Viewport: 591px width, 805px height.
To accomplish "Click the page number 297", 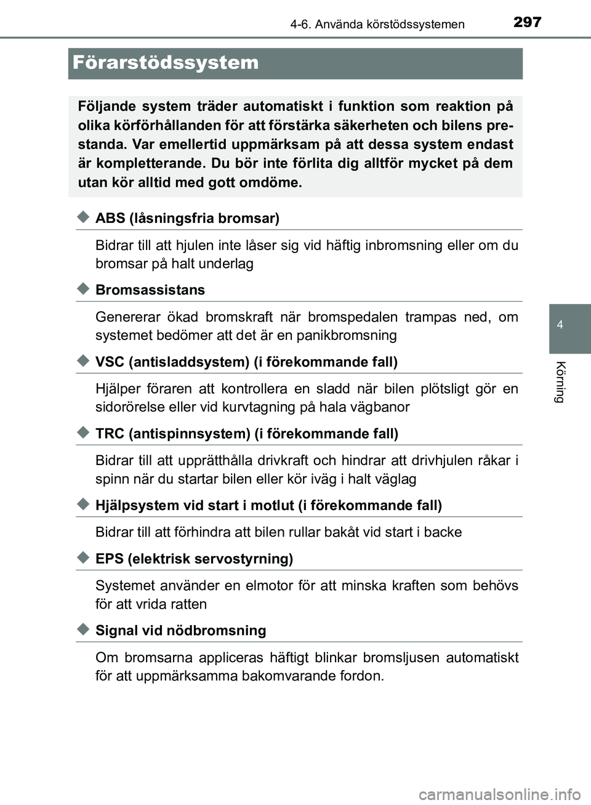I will (x=527, y=22).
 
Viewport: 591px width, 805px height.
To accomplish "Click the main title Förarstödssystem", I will (x=166, y=63).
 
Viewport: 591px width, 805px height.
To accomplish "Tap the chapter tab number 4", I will (x=560, y=325).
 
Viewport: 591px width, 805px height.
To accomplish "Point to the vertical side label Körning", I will (x=560, y=382).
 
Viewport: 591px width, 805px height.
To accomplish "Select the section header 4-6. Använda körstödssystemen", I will (x=377, y=25).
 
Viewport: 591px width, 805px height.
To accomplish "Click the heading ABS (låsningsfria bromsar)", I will (x=187, y=218).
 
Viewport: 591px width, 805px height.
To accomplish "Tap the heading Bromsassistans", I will (x=150, y=290).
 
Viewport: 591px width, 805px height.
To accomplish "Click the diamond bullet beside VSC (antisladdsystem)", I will (x=84, y=362).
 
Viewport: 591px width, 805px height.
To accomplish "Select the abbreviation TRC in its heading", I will (x=110, y=434).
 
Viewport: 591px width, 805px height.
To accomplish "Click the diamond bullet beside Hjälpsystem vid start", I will (x=84, y=505).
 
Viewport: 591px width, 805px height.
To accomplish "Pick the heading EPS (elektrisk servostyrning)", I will (x=194, y=559).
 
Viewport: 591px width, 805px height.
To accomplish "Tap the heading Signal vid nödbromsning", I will (x=181, y=631).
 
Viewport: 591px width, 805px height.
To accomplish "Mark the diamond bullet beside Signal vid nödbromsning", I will (x=84, y=630).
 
